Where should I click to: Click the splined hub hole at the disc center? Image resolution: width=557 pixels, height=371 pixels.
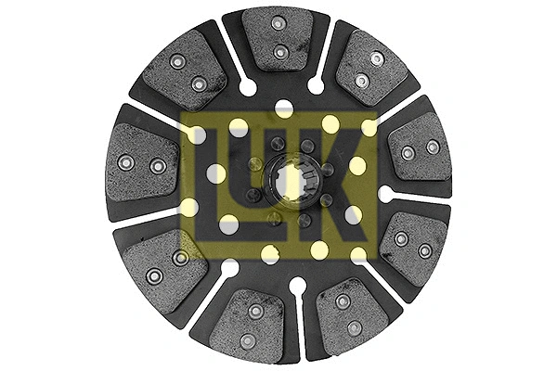[x=291, y=181]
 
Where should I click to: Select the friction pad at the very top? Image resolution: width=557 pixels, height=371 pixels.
[x=278, y=38]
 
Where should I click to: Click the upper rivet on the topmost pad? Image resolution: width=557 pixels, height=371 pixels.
[x=278, y=24]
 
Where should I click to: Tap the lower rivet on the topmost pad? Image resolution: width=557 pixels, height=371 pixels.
[x=280, y=53]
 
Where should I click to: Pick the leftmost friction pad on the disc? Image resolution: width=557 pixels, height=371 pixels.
[x=142, y=162]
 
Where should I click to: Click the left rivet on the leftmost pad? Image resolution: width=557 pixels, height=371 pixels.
[x=125, y=162]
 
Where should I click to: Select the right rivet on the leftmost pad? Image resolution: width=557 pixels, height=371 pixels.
[x=158, y=166]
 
